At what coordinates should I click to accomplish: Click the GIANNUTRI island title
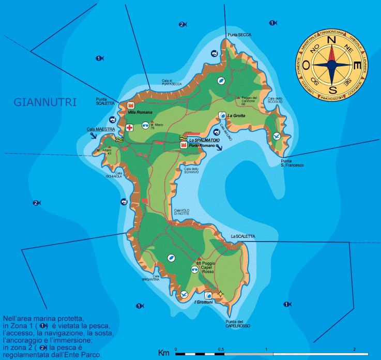(44, 102)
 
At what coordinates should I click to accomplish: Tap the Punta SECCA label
(239, 35)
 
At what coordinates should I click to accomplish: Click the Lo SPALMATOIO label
(204, 140)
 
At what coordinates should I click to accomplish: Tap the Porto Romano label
(201, 146)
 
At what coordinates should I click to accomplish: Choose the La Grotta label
(236, 115)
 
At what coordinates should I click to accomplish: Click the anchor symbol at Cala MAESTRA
(93, 136)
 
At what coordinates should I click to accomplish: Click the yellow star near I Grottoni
(221, 294)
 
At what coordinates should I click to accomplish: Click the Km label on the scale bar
(164, 353)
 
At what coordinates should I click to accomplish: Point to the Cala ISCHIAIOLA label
(119, 174)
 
